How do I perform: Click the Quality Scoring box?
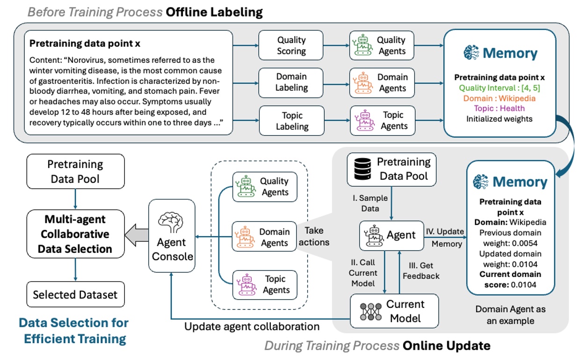[291, 45]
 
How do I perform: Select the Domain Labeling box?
[291, 82]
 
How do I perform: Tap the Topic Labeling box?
[291, 120]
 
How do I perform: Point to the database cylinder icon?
[361, 169]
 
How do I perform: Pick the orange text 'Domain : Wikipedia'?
[499, 98]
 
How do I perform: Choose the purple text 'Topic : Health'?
[499, 109]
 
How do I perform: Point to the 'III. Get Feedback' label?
[421, 270]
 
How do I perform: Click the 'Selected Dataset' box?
[75, 295]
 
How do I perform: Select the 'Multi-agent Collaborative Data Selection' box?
[75, 234]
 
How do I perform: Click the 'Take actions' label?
[317, 236]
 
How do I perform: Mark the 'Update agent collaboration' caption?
[252, 326]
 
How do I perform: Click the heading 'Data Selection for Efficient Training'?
[73, 330]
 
